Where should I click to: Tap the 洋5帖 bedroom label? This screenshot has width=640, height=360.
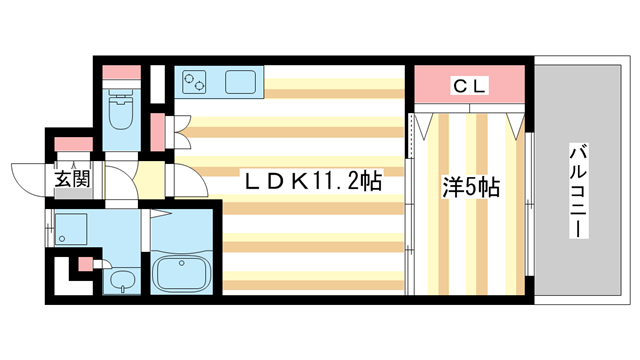[x=470, y=186]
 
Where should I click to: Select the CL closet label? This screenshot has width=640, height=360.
[x=470, y=86]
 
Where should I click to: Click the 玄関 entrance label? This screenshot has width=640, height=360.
[x=72, y=180]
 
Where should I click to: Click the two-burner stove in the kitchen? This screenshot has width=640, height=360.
[x=197, y=82]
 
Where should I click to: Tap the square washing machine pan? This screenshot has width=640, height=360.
[x=74, y=230]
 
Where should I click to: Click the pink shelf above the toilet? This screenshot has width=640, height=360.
[x=122, y=74]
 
